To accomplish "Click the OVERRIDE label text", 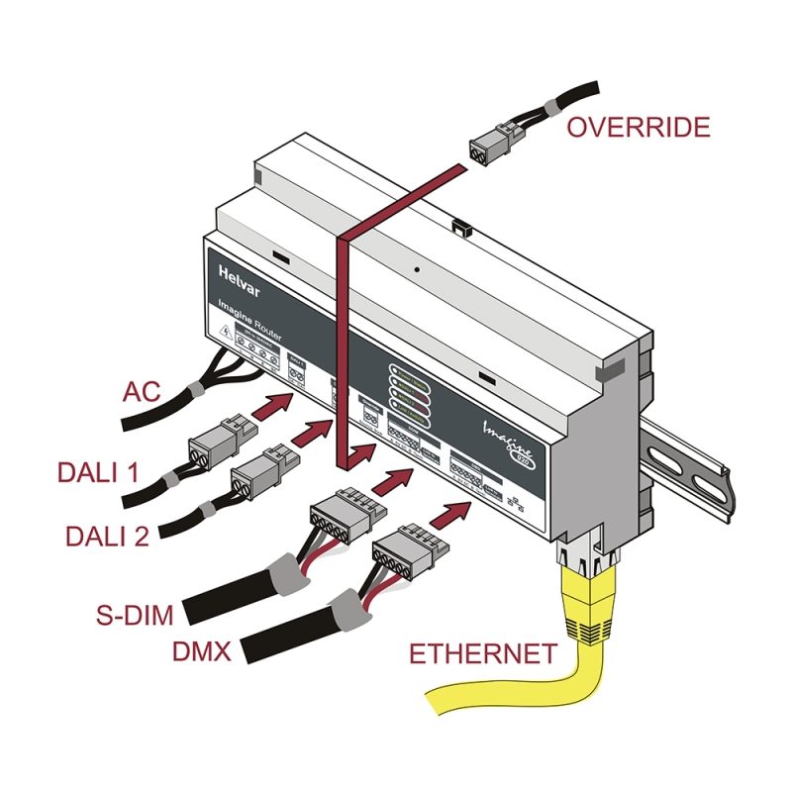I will tap(638, 127).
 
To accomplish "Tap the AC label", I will tap(142, 390).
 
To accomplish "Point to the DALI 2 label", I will tap(107, 536).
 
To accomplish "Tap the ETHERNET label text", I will tap(482, 653).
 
